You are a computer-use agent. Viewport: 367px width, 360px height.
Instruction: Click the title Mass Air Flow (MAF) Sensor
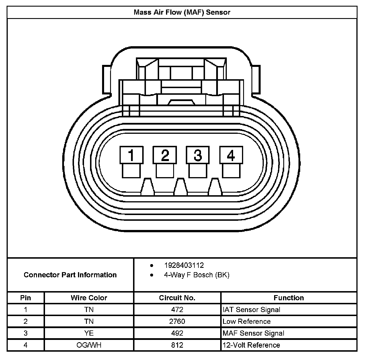coord(182,12)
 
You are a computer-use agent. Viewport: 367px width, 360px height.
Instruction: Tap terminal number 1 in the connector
coord(131,155)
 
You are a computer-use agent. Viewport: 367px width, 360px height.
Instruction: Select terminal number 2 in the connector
coord(165,155)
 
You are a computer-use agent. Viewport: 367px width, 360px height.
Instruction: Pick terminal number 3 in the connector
coord(198,155)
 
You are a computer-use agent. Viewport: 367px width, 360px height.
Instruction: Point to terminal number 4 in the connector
coord(231,155)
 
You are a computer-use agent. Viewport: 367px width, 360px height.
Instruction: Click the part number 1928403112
coord(184,265)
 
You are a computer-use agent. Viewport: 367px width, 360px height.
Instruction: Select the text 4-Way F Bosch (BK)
coord(196,275)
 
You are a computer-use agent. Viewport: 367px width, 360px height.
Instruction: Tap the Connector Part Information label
coord(70,275)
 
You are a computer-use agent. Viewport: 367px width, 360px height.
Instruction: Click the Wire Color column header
coord(89,298)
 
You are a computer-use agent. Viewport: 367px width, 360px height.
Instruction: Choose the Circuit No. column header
coord(177,298)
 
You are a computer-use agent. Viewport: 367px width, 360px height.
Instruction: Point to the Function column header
coord(289,298)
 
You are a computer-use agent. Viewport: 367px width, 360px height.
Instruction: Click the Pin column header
coord(26,298)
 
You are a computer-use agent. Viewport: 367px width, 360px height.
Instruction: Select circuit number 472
coord(177,310)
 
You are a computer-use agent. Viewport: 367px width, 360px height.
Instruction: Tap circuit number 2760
coord(177,322)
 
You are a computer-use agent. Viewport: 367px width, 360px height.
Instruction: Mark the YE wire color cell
coord(89,333)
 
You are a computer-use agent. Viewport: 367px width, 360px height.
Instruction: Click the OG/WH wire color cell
coord(89,345)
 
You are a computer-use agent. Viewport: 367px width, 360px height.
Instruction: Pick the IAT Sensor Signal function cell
coord(251,310)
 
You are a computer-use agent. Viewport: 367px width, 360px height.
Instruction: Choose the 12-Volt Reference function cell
coord(251,345)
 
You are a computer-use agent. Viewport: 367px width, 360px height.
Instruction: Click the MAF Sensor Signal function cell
coord(253,333)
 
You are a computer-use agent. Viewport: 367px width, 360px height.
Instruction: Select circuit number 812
coord(177,345)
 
